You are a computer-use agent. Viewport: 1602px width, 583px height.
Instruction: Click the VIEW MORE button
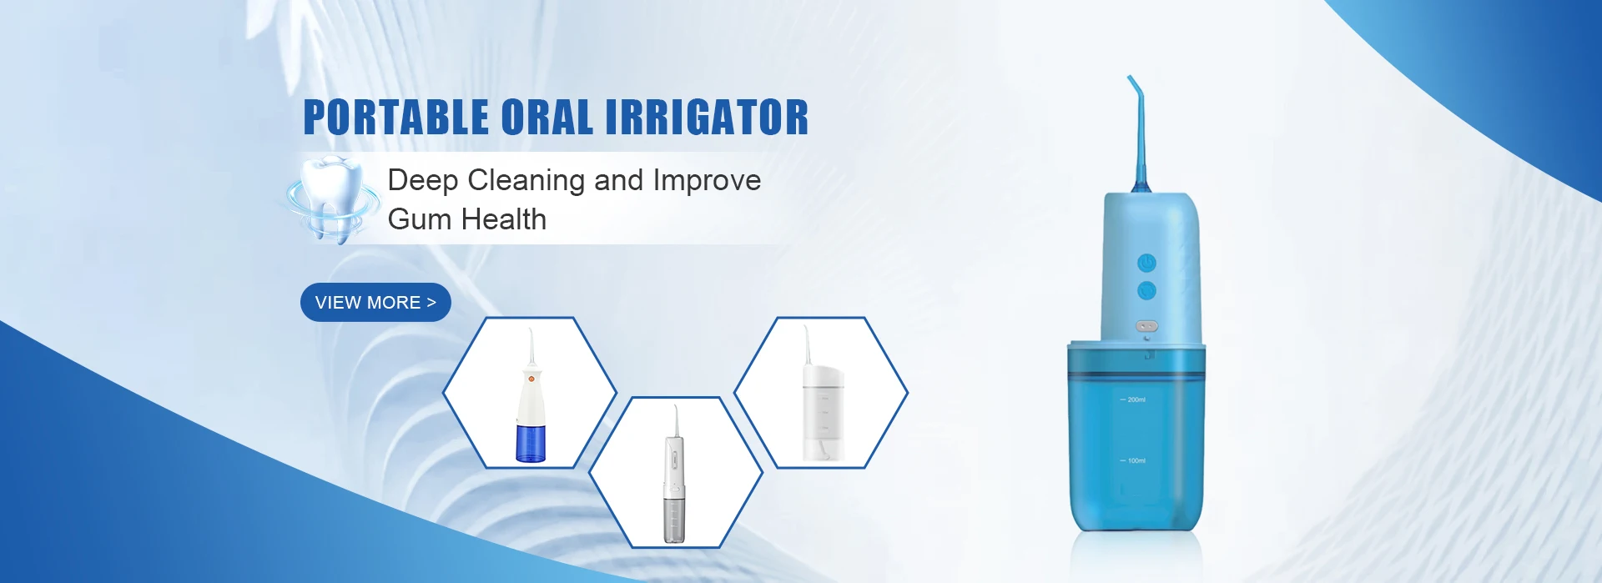(x=375, y=302)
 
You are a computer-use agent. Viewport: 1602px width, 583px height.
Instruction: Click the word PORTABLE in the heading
(x=396, y=117)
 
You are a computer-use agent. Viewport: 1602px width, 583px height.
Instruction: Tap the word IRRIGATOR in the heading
(x=707, y=117)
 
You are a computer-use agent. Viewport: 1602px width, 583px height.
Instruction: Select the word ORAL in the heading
(x=547, y=117)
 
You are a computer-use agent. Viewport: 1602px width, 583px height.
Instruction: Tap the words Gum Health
(x=467, y=219)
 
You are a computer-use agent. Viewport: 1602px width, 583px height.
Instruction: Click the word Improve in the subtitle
(x=707, y=181)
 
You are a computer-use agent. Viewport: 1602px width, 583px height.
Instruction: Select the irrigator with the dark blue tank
(x=530, y=395)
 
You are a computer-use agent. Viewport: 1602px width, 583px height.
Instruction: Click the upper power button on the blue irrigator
(x=1146, y=264)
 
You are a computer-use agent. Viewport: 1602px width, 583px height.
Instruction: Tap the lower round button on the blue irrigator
(x=1146, y=291)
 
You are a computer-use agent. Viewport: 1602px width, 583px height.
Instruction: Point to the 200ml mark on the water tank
(x=1133, y=400)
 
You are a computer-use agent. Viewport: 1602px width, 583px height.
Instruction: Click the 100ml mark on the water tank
(x=1133, y=460)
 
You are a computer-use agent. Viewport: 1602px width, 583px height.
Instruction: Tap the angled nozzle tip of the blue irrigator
(x=1131, y=79)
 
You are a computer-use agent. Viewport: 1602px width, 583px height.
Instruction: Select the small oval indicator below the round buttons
(x=1146, y=326)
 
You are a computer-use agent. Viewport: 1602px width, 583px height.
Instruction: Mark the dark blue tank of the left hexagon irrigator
(x=530, y=443)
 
